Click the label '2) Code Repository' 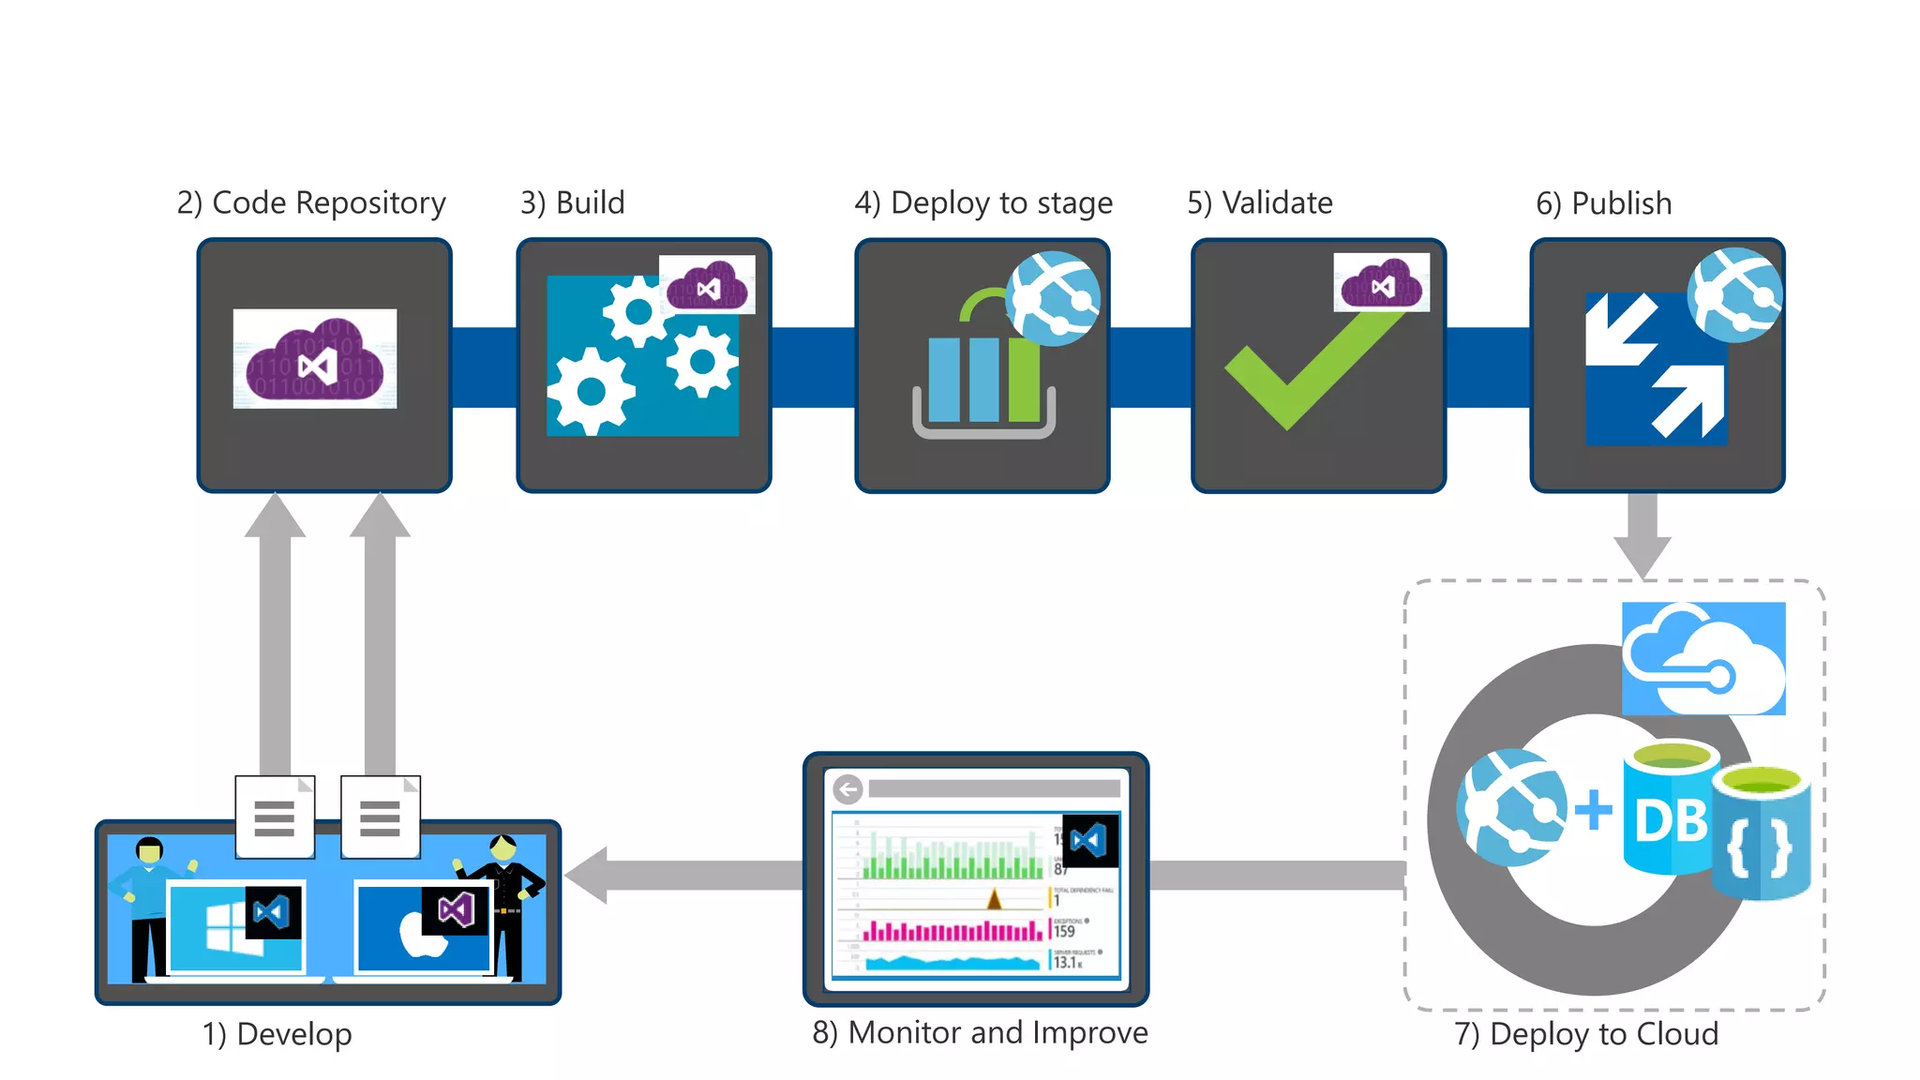point(311,203)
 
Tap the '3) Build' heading point(572,203)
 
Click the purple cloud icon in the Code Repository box point(315,361)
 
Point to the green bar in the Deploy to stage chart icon point(1025,380)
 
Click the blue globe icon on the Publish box point(1734,294)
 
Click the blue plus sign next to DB point(1593,810)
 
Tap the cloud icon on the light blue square point(1702,659)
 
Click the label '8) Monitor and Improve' point(980,1033)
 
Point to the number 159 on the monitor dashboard point(1064,932)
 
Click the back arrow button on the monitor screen point(847,789)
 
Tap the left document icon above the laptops point(275,817)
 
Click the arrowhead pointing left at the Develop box point(587,875)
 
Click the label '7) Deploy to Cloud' point(1586,1034)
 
